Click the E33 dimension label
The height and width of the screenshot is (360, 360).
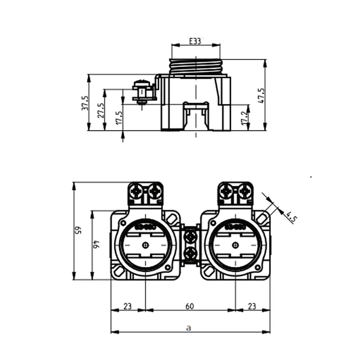(x=195, y=41)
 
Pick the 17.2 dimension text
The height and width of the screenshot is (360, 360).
(x=243, y=118)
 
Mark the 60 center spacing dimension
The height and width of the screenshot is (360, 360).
(x=189, y=306)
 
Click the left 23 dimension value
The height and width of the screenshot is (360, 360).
(x=127, y=306)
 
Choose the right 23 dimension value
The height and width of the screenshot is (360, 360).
(x=252, y=306)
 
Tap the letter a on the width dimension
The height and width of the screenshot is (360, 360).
(x=189, y=328)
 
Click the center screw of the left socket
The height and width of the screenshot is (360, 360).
(x=145, y=245)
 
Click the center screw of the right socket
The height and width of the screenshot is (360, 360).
(x=235, y=245)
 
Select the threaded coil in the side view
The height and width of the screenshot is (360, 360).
(x=196, y=67)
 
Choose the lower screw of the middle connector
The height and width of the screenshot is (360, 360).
(x=190, y=253)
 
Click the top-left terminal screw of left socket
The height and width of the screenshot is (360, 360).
(x=136, y=192)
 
